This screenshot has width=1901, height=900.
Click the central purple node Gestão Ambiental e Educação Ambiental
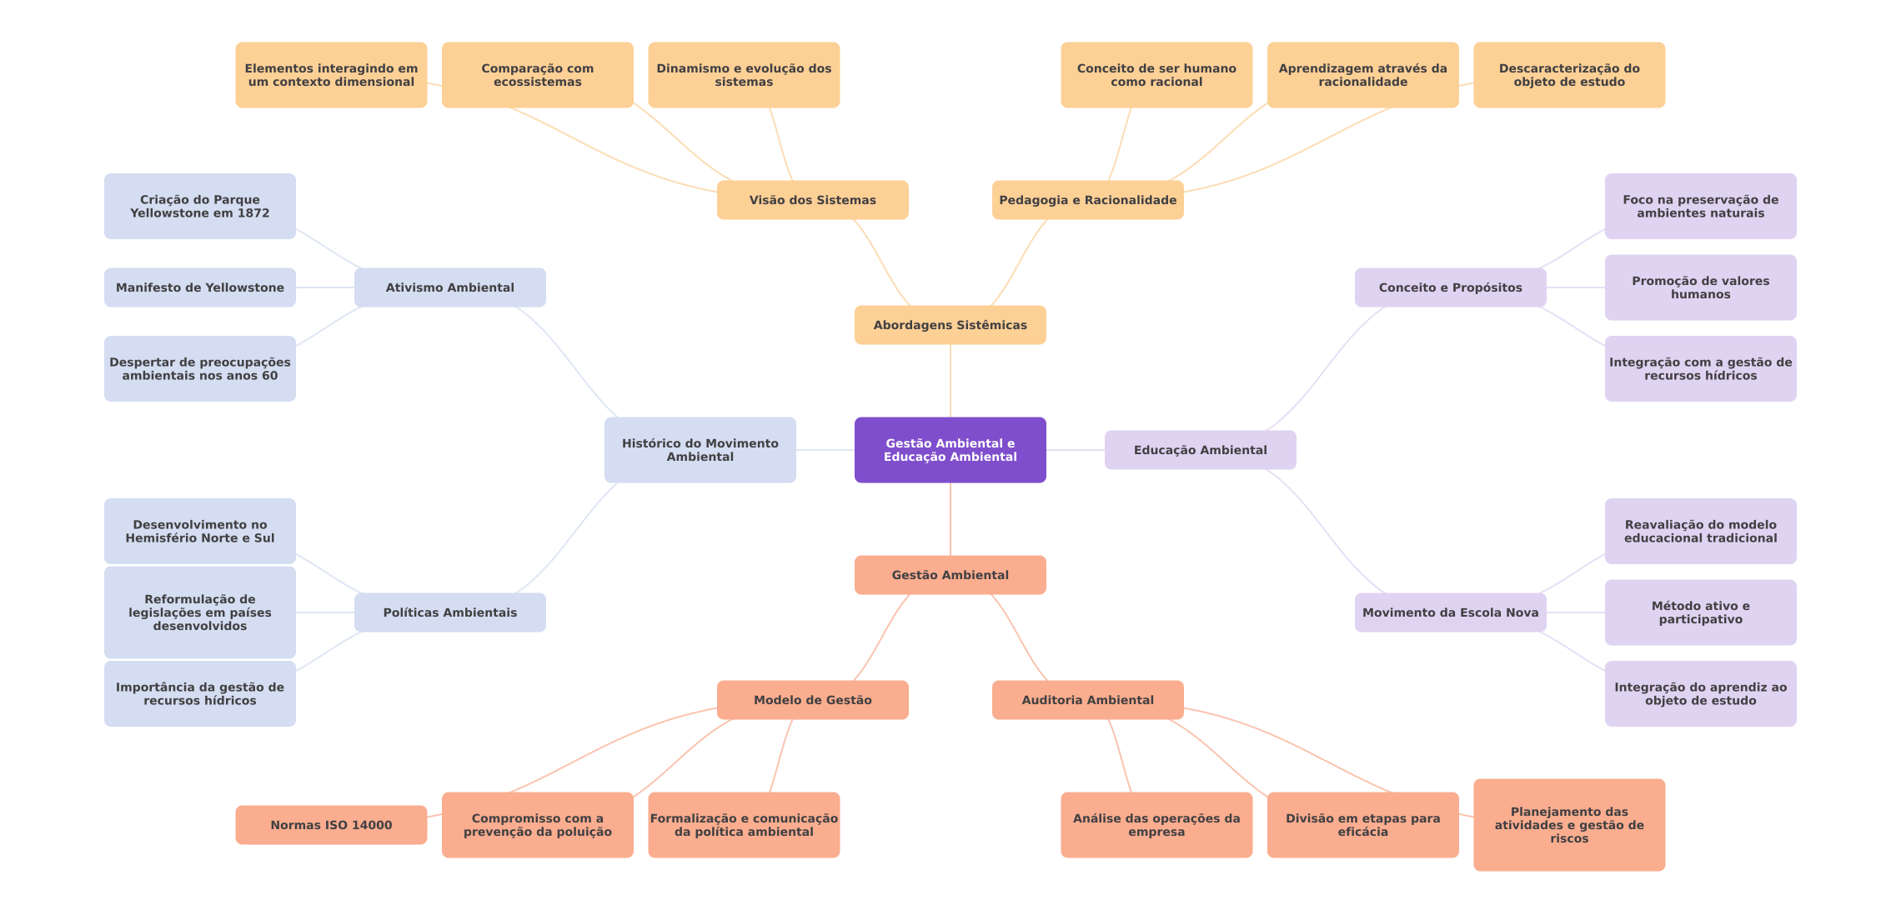pos(950,450)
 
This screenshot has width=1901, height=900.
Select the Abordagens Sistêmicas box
pos(950,325)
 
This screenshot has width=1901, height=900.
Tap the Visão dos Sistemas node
pos(813,200)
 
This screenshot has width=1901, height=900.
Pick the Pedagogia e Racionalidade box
pos(1088,200)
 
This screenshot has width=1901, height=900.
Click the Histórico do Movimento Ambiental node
pos(700,450)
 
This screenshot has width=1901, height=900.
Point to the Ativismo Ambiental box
pos(450,287)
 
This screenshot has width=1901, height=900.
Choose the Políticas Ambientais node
pos(450,612)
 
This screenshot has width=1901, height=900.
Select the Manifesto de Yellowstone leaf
pos(200,287)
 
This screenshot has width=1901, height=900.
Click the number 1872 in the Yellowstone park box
pos(253,213)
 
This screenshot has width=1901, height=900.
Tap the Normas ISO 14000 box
pos(331,825)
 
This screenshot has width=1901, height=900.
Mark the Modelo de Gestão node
pos(813,700)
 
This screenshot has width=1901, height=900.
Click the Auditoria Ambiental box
pos(1088,700)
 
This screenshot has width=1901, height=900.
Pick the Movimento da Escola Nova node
pos(1451,612)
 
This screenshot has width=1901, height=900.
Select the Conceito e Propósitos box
pos(1451,287)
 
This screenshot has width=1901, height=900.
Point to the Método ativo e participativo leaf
pos(1701,612)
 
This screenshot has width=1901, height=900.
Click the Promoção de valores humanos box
pos(1701,287)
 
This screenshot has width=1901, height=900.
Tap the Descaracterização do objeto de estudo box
pos(1569,75)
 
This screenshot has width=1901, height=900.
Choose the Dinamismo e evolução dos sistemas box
pos(744,75)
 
